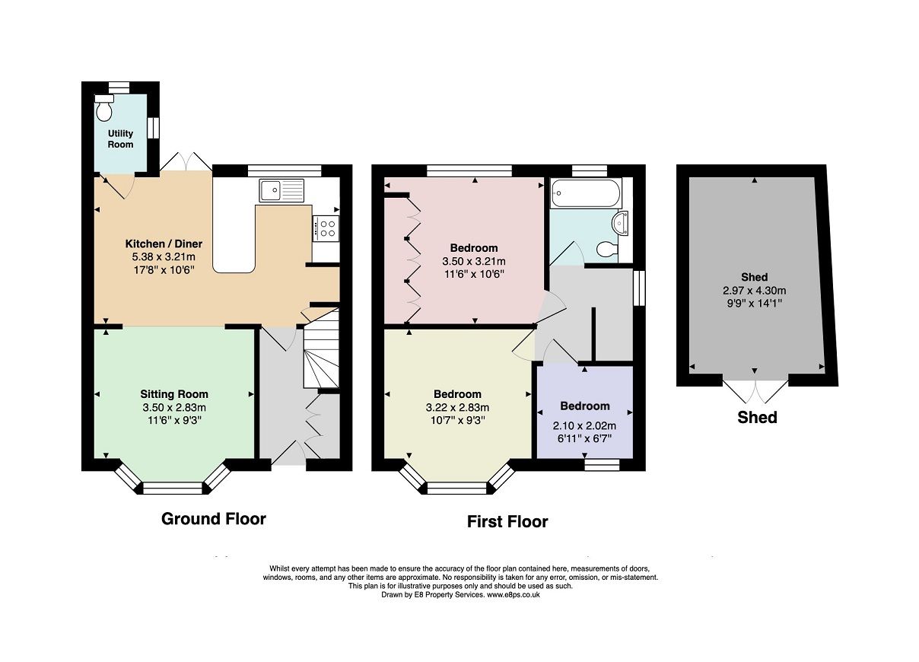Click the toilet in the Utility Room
point(104,110)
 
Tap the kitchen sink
point(280,190)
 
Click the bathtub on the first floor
point(585,193)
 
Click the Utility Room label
point(120,139)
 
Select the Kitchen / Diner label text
point(164,243)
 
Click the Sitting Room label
point(174,394)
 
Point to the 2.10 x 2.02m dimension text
point(584,426)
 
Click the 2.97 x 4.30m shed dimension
point(754,290)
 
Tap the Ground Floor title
point(214,519)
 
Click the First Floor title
point(507,522)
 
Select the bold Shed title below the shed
point(757,417)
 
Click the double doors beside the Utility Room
point(186,161)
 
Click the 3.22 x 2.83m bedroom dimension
point(457,407)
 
